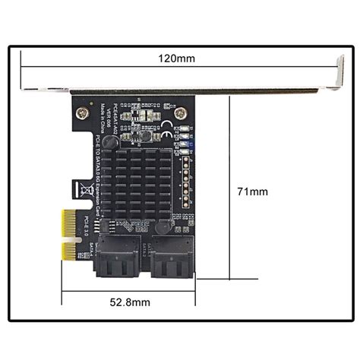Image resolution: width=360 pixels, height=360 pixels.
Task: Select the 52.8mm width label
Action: (128, 302)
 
